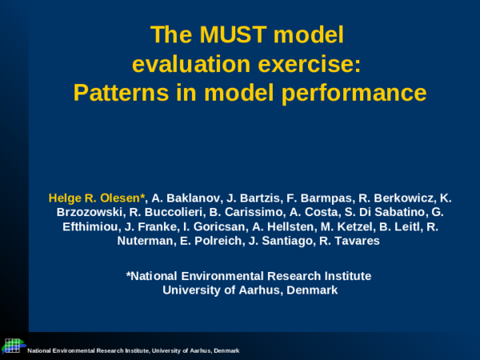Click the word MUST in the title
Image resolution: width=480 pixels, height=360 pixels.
click(x=239, y=35)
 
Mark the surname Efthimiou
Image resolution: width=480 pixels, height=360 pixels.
click(x=94, y=226)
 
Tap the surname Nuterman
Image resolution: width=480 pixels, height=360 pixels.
click(x=146, y=241)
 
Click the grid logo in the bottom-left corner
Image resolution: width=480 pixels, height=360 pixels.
click(x=11, y=345)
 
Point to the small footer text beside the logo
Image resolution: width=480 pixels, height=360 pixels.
click(x=133, y=351)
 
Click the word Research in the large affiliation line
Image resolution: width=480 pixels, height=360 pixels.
click(x=268, y=276)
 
